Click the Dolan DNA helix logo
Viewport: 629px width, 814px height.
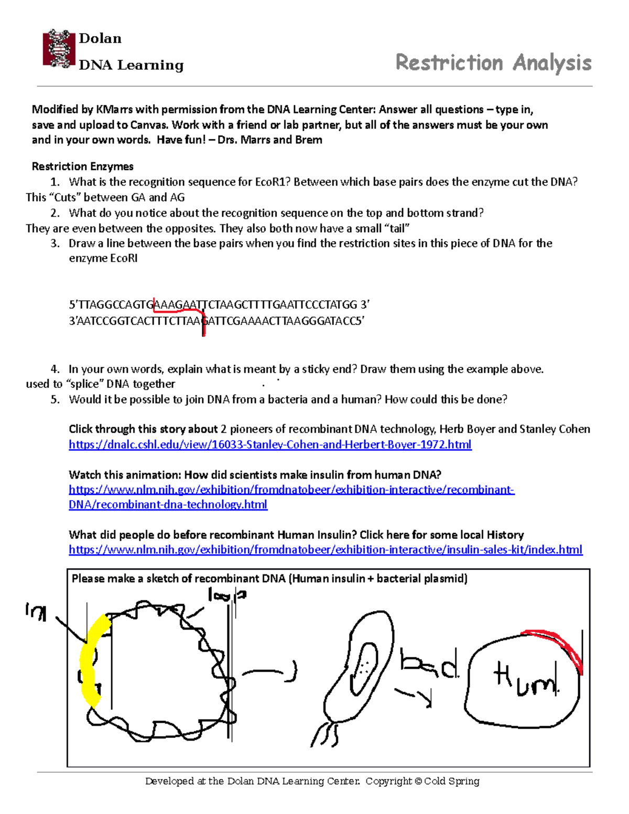tap(59, 49)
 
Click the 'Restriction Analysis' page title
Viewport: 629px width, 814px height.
tap(493, 62)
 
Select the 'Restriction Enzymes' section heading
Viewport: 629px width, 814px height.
tap(82, 167)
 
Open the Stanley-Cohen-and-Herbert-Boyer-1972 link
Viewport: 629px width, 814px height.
tap(270, 444)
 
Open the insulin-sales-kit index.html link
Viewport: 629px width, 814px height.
tap(325, 549)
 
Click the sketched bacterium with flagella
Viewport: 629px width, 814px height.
tap(359, 671)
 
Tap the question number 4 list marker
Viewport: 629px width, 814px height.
tap(55, 369)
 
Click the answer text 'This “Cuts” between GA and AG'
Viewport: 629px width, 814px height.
tap(105, 198)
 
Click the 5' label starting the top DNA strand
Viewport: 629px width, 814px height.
tap(73, 305)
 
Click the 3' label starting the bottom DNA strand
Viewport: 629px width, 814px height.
tap(73, 321)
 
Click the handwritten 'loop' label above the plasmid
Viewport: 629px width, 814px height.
tap(226, 595)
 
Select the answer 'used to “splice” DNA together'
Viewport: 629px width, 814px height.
tap(100, 384)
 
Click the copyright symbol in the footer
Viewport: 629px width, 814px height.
tap(418, 782)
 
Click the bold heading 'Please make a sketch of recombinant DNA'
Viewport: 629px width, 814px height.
tap(178, 579)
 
